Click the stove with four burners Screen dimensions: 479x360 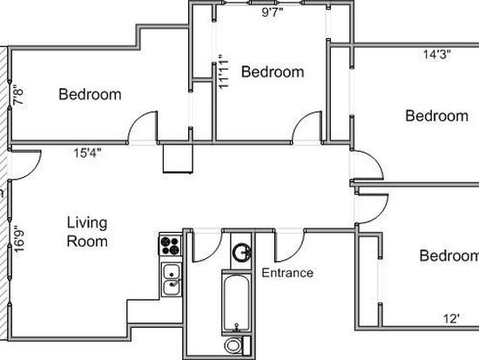pos(170,245)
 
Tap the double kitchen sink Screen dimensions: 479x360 pos(172,280)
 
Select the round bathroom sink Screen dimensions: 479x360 pos(241,252)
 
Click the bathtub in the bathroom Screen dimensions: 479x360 pos(236,302)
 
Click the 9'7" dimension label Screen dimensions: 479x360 pos(273,12)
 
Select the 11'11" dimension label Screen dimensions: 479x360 pos(224,71)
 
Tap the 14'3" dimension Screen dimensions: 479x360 pos(437,54)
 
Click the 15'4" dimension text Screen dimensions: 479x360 pos(87,153)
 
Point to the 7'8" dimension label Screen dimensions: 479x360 pos(18,97)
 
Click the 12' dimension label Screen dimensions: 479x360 pos(451,319)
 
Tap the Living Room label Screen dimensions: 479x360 pos(87,232)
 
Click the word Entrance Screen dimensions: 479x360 pos(287,273)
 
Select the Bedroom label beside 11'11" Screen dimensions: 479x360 pos(273,71)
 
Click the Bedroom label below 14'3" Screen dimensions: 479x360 pos(437,116)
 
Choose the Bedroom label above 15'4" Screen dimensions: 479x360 pos(90,94)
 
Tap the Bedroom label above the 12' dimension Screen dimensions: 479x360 pos(449,255)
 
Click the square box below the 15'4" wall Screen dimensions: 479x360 pos(178,159)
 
